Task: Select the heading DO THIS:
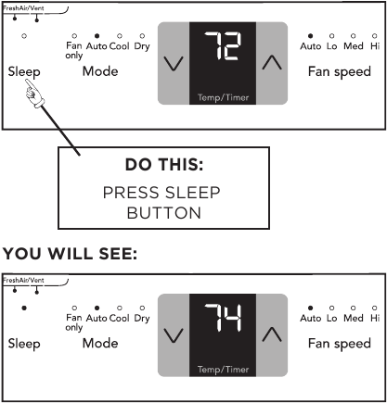click(162, 166)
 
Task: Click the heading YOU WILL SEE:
click(71, 253)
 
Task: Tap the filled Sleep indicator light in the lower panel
click(24, 306)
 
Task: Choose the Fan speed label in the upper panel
click(340, 70)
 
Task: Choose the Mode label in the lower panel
click(99, 343)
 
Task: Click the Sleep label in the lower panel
click(24, 343)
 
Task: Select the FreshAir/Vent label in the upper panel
click(23, 6)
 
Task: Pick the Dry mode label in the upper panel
click(141, 45)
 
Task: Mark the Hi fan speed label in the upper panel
click(374, 45)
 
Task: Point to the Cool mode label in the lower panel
click(119, 318)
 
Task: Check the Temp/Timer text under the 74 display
click(222, 369)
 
